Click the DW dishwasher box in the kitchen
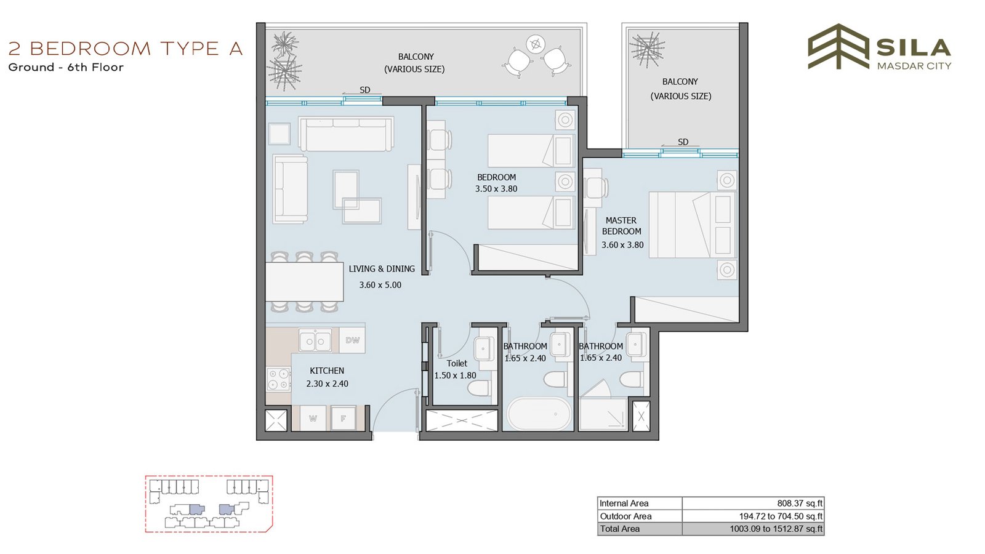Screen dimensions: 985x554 (x=352, y=340)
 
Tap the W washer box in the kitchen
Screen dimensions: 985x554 (x=313, y=418)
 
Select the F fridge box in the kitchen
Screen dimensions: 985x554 (x=344, y=418)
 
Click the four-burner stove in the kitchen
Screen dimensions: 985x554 (x=278, y=379)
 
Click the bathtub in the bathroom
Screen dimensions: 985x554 (x=539, y=414)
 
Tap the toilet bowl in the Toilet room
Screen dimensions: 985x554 (x=480, y=388)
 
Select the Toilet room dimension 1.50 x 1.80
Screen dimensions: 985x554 (x=455, y=375)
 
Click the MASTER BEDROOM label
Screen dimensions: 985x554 (x=621, y=225)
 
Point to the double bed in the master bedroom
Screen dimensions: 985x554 (x=693, y=225)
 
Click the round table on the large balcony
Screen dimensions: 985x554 (x=536, y=44)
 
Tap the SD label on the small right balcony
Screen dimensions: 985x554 (x=683, y=142)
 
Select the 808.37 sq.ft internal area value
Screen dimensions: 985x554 (x=800, y=504)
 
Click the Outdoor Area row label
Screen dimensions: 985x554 (x=625, y=516)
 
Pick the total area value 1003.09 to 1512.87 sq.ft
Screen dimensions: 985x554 (x=776, y=529)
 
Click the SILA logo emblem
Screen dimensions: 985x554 (x=838, y=47)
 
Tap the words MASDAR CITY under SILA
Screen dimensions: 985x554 (x=914, y=66)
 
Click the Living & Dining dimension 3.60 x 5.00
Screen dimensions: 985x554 (x=380, y=285)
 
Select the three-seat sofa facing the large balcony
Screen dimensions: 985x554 (x=345, y=134)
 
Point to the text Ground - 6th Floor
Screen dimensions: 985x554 (x=66, y=67)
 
